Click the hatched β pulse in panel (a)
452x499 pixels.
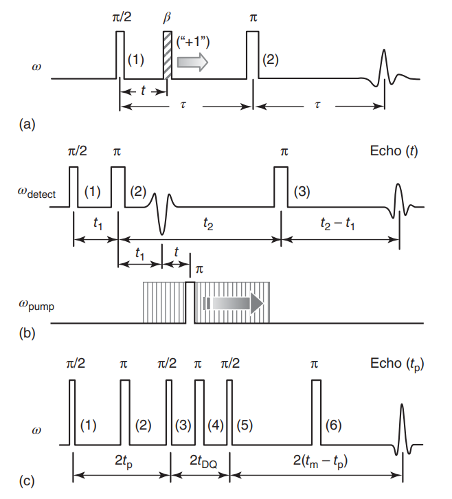pyautogui.click(x=167, y=55)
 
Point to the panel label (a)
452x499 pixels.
pyautogui.click(x=28, y=124)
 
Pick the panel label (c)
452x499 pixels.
pyautogui.click(x=28, y=481)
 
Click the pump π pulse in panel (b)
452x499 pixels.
pyautogui.click(x=190, y=301)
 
